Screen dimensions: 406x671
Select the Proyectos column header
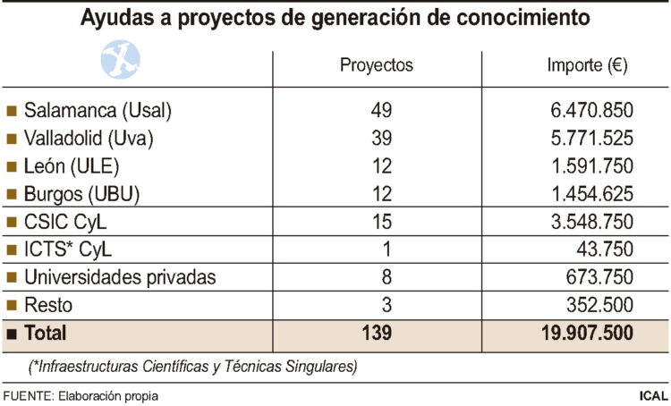click(x=376, y=65)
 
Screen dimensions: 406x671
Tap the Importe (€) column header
click(x=584, y=65)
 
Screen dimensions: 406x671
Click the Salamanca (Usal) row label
click(x=98, y=111)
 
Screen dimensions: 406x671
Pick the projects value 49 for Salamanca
click(x=382, y=111)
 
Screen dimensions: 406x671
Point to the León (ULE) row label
click(x=72, y=166)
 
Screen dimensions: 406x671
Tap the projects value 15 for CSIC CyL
click(x=382, y=222)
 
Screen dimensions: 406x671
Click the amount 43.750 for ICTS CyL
click(x=607, y=250)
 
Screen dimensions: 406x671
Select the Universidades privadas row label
click(x=120, y=277)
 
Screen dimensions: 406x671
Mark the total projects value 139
click(x=377, y=333)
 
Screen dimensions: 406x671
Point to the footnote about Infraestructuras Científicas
click(x=191, y=366)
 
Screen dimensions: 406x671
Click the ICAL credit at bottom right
click(x=650, y=394)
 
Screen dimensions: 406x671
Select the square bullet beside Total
click(x=12, y=334)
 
